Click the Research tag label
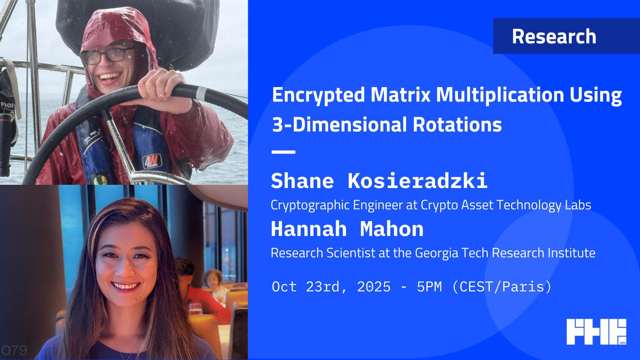tap(554, 36)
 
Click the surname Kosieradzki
tap(418, 181)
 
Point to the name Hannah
tap(308, 229)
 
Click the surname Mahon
tap(392, 229)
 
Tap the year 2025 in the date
tap(374, 286)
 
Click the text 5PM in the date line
tap(429, 286)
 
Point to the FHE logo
tap(596, 332)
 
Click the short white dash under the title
tap(284, 152)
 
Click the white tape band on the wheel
tap(202, 94)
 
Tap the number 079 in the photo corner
tap(14, 350)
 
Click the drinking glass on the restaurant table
tap(196, 309)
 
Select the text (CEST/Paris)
tap(502, 287)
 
